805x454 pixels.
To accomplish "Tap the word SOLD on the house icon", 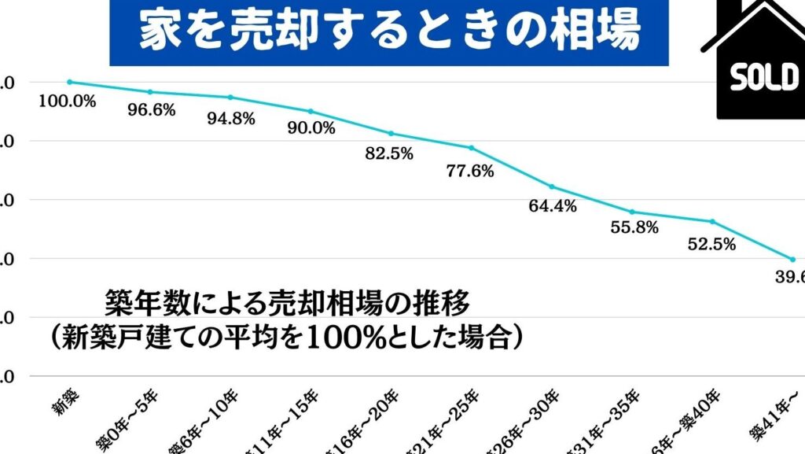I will coord(763,78).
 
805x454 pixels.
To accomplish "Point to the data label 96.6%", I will coord(151,111).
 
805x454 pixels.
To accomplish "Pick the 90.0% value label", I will coord(311,129).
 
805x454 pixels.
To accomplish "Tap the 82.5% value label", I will coord(389,154).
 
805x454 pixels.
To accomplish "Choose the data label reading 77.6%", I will coord(469,171).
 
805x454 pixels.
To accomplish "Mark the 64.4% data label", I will coord(553,207).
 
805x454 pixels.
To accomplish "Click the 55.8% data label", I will coord(633,228).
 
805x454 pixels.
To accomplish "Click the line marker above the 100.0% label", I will coord(69,82).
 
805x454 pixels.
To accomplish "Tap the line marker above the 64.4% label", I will coord(552,186).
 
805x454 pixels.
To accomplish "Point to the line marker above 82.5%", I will coord(391,134).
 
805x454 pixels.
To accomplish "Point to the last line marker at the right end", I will coord(792,260).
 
